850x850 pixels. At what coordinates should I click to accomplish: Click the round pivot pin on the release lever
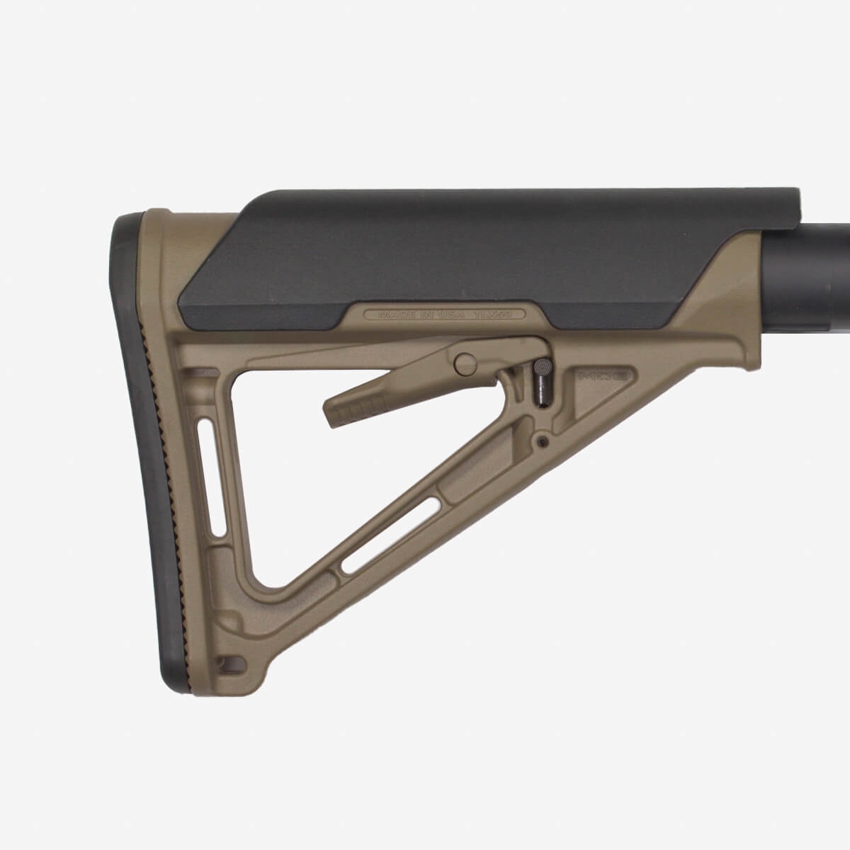(x=465, y=364)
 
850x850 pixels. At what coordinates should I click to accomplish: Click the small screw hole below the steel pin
(x=543, y=442)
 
